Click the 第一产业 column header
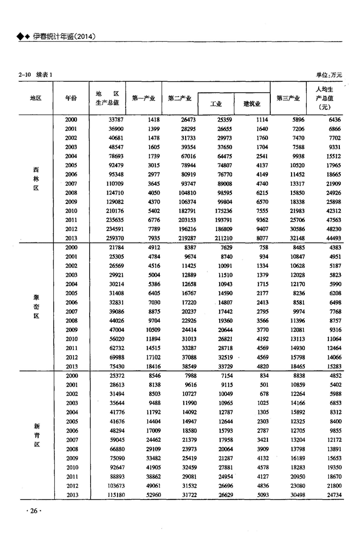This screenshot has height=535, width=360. [144, 98]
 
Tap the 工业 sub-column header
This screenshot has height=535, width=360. [216, 104]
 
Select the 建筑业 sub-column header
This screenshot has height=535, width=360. [252, 104]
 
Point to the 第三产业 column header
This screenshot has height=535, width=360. [288, 98]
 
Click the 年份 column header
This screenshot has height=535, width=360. [71, 98]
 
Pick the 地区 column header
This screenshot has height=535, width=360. [35, 98]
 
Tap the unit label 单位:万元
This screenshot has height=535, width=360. [328, 75]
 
